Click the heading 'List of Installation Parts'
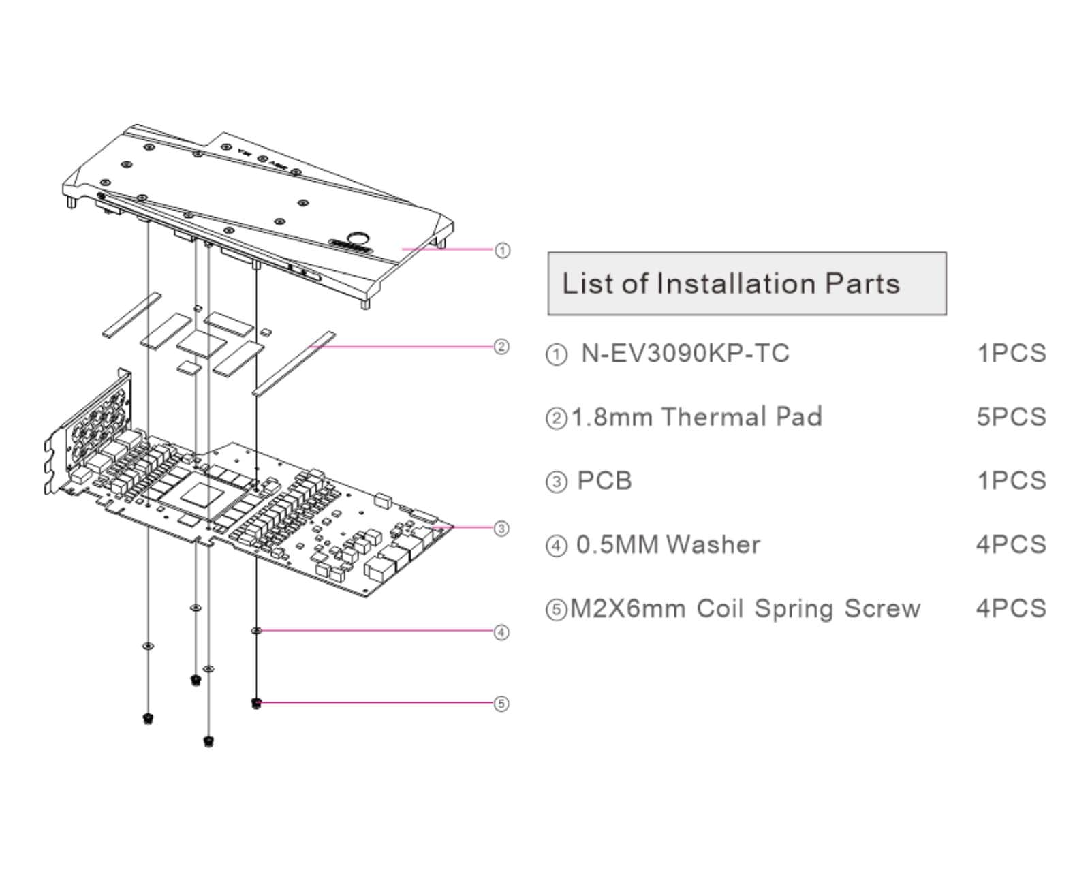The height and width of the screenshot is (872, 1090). click(731, 283)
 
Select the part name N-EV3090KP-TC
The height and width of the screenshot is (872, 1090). click(685, 354)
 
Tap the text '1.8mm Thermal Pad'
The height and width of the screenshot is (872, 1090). click(696, 417)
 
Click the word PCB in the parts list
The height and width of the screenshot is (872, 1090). click(604, 481)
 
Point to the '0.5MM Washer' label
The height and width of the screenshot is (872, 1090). click(668, 545)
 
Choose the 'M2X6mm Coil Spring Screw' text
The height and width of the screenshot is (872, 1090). click(745, 608)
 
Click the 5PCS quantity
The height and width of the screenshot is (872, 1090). click(1011, 417)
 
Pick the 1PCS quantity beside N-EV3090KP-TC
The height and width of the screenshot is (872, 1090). click(1011, 354)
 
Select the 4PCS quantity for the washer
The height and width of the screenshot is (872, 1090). click(1011, 545)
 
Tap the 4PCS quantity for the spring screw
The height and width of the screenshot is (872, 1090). click(1011, 608)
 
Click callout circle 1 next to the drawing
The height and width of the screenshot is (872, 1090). click(502, 251)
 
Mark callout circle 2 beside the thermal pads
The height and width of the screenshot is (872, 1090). click(501, 347)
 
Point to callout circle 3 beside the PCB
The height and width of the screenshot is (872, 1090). click(501, 529)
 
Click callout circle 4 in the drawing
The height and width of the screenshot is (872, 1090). click(501, 633)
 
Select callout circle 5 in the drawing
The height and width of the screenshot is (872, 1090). click(501, 704)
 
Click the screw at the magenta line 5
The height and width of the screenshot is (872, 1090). click(256, 702)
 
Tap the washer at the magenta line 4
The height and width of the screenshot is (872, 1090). click(256, 631)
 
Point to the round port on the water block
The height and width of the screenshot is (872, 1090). click(358, 236)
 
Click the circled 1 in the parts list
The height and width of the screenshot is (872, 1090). click(557, 355)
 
